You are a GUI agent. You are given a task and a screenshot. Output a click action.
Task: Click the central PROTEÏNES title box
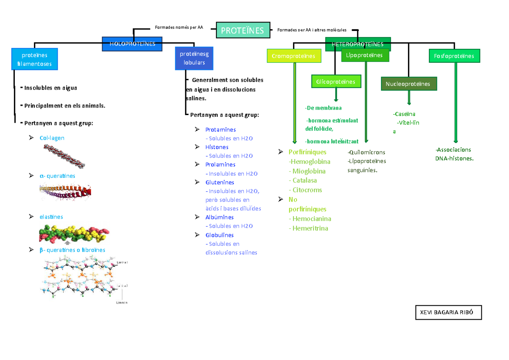pos(242,30)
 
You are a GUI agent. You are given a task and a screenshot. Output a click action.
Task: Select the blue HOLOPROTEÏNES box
pos(132,44)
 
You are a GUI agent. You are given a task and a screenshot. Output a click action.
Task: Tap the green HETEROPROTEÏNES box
pos(358,44)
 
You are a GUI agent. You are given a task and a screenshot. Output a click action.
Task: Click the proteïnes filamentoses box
pos(34,59)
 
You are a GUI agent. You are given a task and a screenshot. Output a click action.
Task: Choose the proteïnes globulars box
pos(194,58)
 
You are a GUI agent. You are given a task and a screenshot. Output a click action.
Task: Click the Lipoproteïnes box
pos(365,55)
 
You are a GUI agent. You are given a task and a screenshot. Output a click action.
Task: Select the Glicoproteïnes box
pos(336,81)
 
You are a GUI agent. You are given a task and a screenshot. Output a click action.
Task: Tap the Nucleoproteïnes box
pos(408,84)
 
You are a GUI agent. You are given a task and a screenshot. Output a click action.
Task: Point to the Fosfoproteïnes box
pos(454,56)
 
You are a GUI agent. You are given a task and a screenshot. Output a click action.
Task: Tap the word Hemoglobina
pos(310,161)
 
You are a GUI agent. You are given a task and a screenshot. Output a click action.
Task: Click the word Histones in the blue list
pos(217,147)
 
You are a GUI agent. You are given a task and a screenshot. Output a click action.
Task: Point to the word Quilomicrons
pos(366,152)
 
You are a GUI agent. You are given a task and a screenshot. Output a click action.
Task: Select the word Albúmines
pos(219,217)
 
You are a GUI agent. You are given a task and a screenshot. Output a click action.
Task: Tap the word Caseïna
pos(404,114)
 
